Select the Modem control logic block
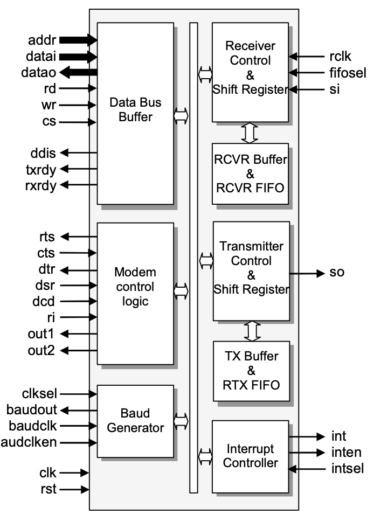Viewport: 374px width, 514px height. pyautogui.click(x=135, y=293)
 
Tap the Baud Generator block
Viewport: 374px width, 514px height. pyautogui.click(x=135, y=420)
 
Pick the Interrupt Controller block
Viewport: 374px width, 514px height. pyautogui.click(x=250, y=455)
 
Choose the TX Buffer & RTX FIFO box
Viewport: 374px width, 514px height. pyautogui.click(x=251, y=370)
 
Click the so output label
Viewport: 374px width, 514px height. pyautogui.click(x=337, y=273)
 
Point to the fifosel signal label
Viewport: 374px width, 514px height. pyautogui.click(x=348, y=72)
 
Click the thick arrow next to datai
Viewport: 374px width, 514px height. pyautogui.click(x=79, y=55)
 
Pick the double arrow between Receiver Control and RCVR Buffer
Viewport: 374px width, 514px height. pyautogui.click(x=250, y=133)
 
